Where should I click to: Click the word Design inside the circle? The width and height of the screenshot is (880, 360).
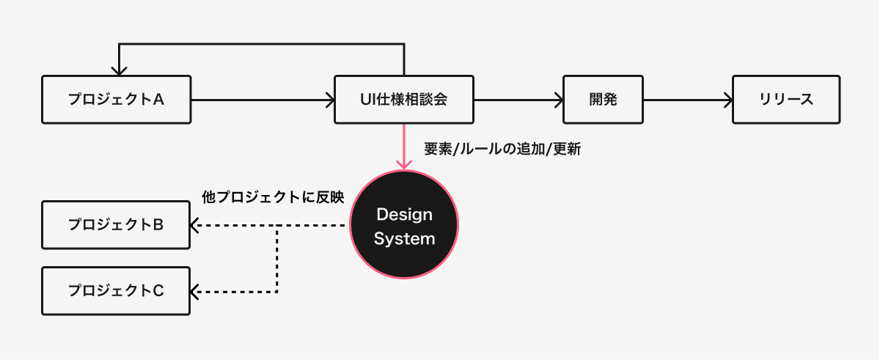click(x=404, y=215)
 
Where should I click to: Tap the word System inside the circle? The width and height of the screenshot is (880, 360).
click(x=404, y=239)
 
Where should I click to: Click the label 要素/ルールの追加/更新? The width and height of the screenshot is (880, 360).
click(x=502, y=149)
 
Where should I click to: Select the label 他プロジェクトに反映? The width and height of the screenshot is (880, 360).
click(x=273, y=197)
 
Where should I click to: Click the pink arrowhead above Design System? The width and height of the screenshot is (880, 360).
click(x=404, y=165)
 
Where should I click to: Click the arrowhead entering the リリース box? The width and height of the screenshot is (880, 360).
click(x=728, y=100)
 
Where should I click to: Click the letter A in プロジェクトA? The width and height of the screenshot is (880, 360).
click(x=158, y=100)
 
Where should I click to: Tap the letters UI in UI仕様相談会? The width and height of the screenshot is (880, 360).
click(x=367, y=100)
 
